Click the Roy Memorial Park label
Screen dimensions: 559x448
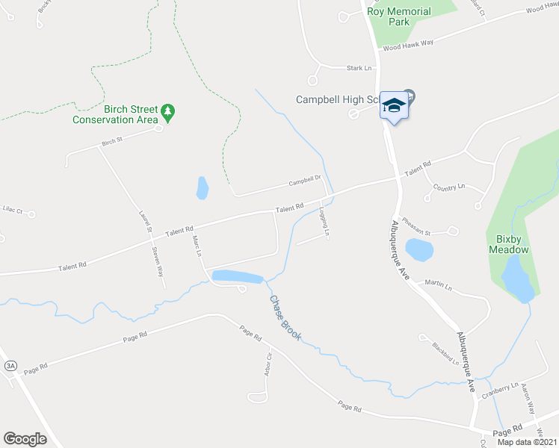399,16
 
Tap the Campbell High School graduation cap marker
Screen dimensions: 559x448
394,107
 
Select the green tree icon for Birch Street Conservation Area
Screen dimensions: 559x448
169,112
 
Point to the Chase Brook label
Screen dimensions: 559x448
285,318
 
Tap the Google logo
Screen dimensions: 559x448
25,438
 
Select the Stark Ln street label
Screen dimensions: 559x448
359,68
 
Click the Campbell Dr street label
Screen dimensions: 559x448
305,179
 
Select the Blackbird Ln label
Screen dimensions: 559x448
445,353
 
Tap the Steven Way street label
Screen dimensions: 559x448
157,261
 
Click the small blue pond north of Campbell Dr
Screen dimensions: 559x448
202,187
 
